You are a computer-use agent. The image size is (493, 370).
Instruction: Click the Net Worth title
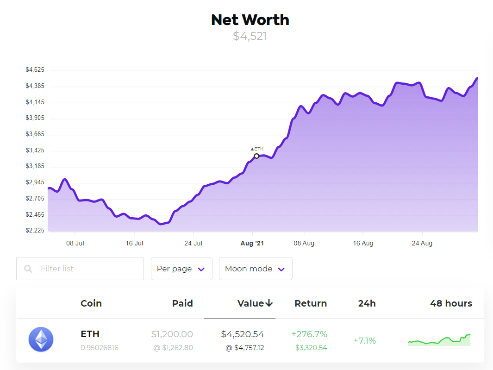coord(250,20)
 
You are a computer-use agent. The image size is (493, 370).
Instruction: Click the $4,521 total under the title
coord(250,36)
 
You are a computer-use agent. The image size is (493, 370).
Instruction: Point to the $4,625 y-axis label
coord(35,70)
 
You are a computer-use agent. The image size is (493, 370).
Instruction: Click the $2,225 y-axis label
coord(35,231)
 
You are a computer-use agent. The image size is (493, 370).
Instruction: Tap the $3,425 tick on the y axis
coord(35,151)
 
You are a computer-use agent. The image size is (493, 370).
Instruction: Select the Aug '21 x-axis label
coord(252,243)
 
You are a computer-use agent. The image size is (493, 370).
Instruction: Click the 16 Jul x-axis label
coord(134,243)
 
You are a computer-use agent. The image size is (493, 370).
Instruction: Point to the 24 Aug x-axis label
coord(422,243)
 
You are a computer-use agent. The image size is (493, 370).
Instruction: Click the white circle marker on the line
coord(257,156)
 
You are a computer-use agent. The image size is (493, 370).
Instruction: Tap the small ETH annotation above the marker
coord(257,149)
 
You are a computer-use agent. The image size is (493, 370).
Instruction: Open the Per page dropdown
coord(181,269)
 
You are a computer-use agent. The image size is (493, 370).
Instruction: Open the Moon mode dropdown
coord(256,269)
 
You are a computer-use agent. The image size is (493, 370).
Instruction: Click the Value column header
coord(255,304)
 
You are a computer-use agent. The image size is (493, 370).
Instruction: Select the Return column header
coord(311,304)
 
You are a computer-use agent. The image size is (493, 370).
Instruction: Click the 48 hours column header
coord(451,304)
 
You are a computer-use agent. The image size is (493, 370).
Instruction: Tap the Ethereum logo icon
coord(41,339)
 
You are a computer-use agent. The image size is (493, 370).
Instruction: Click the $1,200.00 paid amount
coord(172,334)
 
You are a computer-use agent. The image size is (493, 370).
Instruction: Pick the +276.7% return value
coord(309,334)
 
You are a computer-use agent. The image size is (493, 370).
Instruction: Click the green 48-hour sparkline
coord(439,340)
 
